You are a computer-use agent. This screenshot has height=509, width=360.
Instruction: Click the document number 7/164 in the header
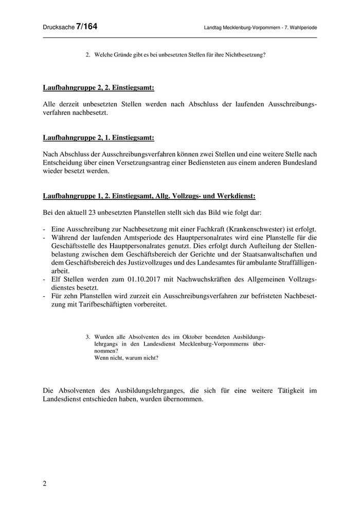(x=86, y=26)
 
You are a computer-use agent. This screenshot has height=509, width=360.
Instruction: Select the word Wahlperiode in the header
(x=300, y=27)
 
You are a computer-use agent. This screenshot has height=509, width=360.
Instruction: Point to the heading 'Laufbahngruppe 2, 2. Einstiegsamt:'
(x=98, y=88)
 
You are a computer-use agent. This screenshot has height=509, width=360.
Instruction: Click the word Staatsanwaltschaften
(x=269, y=253)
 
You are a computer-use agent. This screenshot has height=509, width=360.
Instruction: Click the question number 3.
(x=87, y=337)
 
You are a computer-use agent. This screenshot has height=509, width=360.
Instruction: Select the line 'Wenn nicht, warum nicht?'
(x=126, y=358)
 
